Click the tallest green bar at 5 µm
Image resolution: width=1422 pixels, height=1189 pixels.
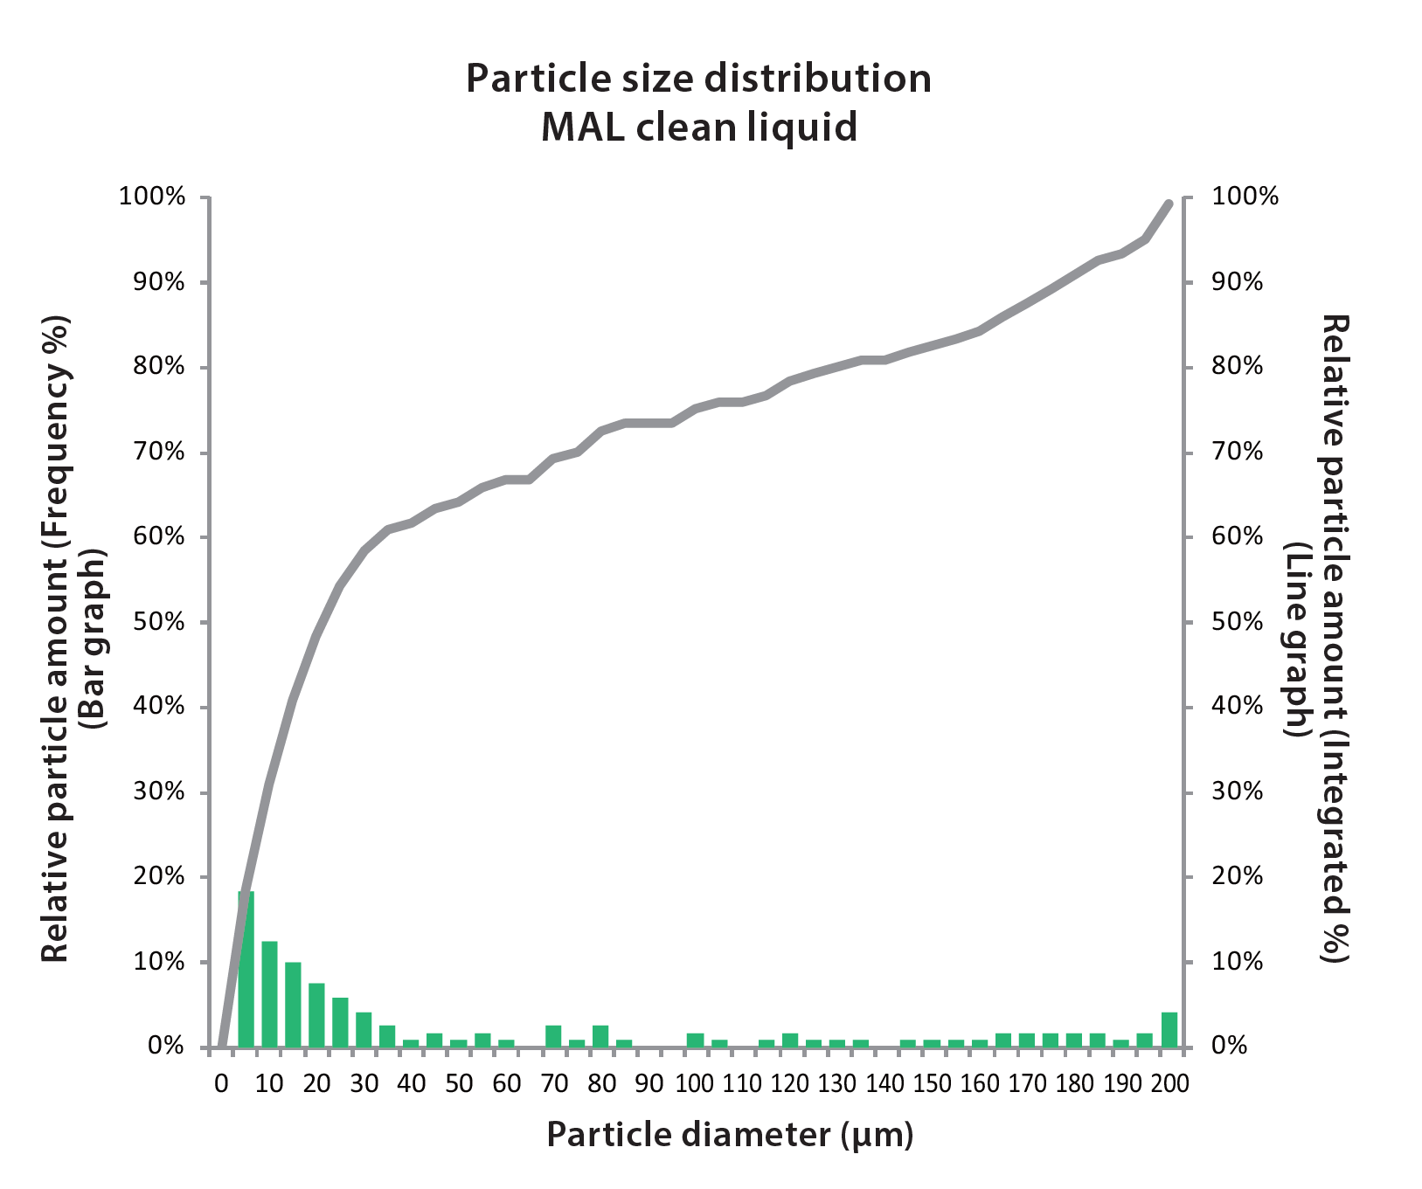(246, 970)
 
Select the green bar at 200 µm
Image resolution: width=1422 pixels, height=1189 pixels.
(1169, 1030)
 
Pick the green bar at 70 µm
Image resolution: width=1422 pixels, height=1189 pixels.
(553, 1036)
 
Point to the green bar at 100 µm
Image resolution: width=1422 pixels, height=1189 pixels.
(696, 1040)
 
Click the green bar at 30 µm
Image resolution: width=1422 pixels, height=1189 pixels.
(364, 1030)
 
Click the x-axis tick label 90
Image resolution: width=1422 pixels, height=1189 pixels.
(649, 1084)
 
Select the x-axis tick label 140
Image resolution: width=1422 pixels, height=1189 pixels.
(884, 1084)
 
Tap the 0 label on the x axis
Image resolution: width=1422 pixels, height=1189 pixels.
(221, 1084)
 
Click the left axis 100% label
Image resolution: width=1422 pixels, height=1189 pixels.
(152, 197)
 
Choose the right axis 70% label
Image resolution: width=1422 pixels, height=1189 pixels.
(1237, 453)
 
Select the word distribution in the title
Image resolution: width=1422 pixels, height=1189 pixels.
(818, 79)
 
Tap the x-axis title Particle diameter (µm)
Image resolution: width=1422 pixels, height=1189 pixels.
(730, 1135)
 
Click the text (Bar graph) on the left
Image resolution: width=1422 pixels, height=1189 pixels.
(93, 639)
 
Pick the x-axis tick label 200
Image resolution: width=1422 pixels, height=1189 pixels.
(1169, 1084)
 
